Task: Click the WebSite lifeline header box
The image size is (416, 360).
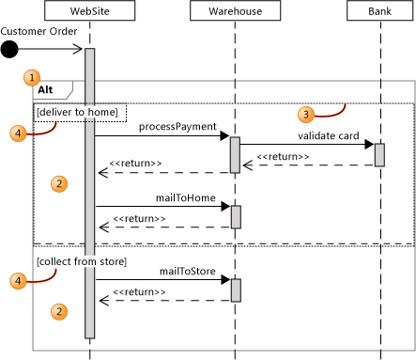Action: pyautogui.click(x=89, y=12)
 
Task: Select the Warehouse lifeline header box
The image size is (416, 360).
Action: pyautogui.click(x=235, y=12)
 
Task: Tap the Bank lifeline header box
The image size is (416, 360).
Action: pyautogui.click(x=379, y=12)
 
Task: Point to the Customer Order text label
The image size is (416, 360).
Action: pyautogui.click(x=37, y=31)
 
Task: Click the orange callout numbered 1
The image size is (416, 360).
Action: pyautogui.click(x=34, y=75)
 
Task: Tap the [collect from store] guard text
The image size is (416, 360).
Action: pyautogui.click(x=82, y=259)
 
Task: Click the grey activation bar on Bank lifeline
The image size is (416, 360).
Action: pyautogui.click(x=379, y=154)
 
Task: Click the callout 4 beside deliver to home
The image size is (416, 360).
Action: pyautogui.click(x=23, y=133)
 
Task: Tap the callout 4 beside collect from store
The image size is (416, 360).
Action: pyautogui.click(x=23, y=279)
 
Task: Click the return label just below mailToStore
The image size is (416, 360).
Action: pyautogui.click(x=140, y=291)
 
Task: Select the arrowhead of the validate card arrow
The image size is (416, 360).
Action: pyautogui.click(x=369, y=145)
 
